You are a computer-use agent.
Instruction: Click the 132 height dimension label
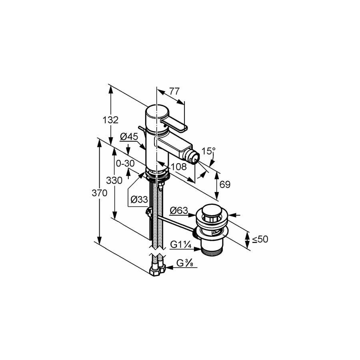pos(110,120)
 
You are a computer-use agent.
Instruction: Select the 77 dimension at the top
pos(174,91)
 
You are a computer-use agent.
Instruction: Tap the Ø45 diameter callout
pos(129,137)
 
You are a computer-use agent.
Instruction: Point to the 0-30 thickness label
pos(125,164)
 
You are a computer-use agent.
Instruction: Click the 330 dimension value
pos(114,180)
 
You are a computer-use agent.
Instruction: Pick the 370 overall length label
pos(100,193)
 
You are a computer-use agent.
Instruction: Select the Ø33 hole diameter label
pos(139,200)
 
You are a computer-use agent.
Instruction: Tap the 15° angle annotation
pos(208,151)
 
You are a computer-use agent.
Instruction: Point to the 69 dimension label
pos(225,184)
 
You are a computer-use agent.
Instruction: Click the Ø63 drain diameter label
pos(179,210)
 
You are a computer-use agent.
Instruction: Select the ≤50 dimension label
pos(260,239)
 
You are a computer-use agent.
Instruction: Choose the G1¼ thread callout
pos(181,245)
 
